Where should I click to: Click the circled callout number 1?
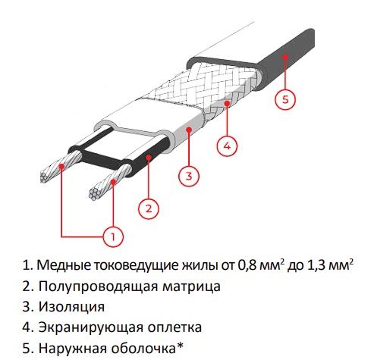coord(113,236)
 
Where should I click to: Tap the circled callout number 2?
coord(149,208)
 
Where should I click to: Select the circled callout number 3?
coord(189,176)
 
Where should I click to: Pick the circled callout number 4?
coord(227,146)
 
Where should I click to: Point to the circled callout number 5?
coord(285,99)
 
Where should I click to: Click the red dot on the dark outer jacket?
coord(285,57)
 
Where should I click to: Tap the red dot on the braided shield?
coord(227,103)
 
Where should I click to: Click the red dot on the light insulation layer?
coord(189,130)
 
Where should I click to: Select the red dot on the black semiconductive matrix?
coord(149,158)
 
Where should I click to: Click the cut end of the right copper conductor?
coord(94,195)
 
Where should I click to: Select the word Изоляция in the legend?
coord(71,307)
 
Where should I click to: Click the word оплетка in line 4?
coord(174,327)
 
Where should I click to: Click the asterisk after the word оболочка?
coord(180,346)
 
